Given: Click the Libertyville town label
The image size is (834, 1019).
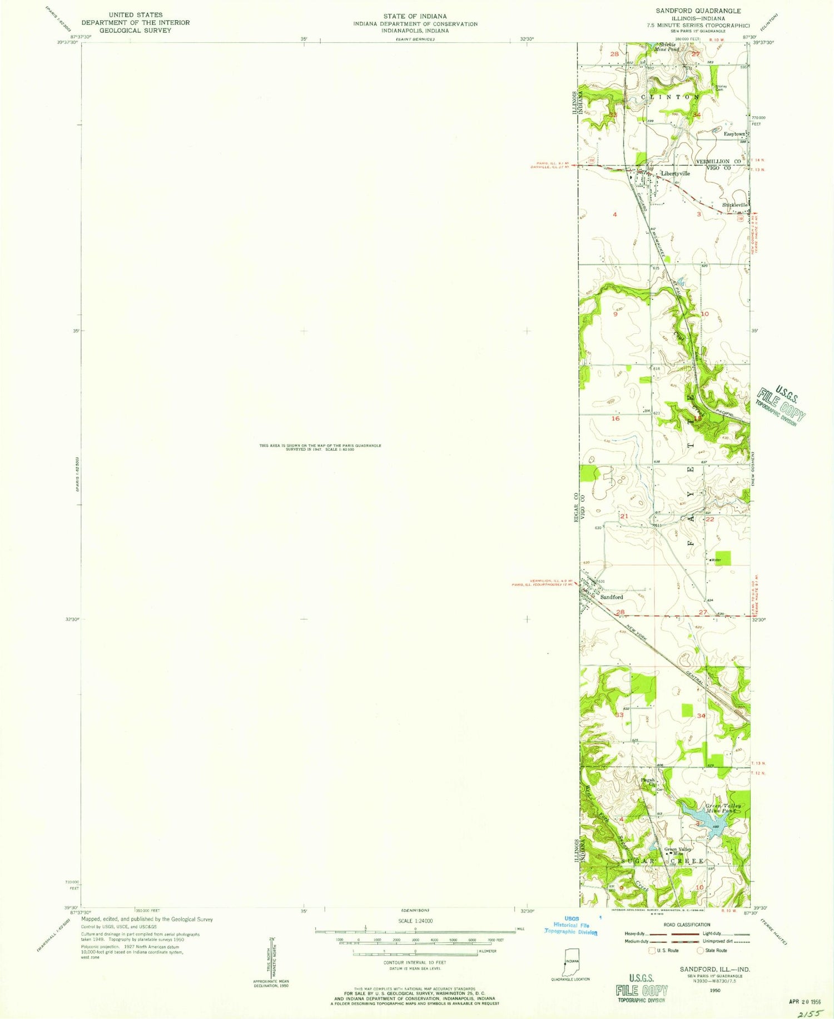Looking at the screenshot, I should click(x=675, y=174).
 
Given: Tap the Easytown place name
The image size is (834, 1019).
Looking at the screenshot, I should click(x=734, y=134).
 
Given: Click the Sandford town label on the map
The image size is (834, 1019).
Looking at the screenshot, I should click(x=612, y=597).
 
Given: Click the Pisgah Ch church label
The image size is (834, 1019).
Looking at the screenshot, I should click(x=648, y=782).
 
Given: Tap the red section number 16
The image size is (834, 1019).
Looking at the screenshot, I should click(x=615, y=418).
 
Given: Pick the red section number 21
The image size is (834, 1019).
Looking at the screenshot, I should click(x=624, y=516).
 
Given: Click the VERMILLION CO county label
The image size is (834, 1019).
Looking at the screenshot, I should click(x=720, y=161).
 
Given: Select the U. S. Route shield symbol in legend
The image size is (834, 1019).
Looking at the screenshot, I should click(x=652, y=950).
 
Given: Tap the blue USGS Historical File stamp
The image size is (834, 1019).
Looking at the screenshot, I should click(x=571, y=925).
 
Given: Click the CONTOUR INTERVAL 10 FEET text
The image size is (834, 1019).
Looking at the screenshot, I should click(x=415, y=962).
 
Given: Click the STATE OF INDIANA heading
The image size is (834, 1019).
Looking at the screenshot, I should click(x=415, y=16).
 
